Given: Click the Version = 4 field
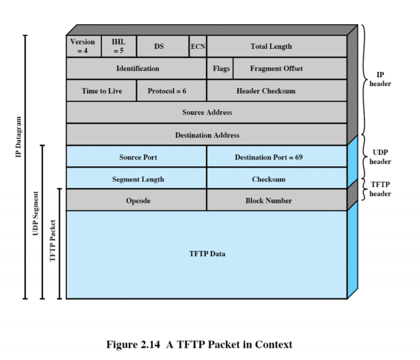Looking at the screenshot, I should pyautogui.click(x=82, y=46).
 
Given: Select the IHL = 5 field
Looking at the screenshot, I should pyautogui.click(x=118, y=46).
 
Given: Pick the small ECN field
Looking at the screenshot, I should pyautogui.click(x=198, y=46).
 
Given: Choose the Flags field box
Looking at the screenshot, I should pyautogui.click(x=220, y=68).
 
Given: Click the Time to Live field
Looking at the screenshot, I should pyautogui.click(x=101, y=91).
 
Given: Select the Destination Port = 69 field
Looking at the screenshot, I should pyautogui.click(x=277, y=157).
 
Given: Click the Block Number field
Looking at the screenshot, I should pyautogui.click(x=277, y=200).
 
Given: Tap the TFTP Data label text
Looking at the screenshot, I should pyautogui.click(x=207, y=254).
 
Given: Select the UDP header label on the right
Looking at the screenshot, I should pyautogui.click(x=380, y=157).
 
